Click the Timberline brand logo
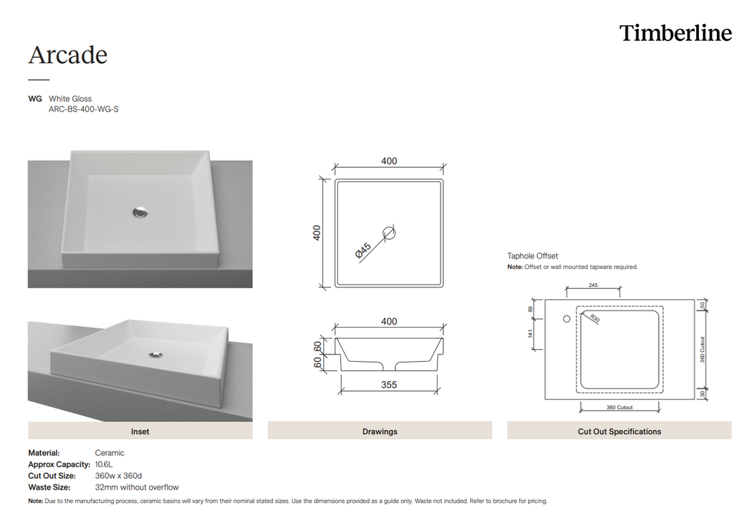click(x=675, y=33)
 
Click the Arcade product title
click(x=68, y=55)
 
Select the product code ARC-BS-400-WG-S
click(x=84, y=109)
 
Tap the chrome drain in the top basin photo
click(x=140, y=212)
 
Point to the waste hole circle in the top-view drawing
click(x=389, y=233)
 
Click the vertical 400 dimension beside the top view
click(x=317, y=233)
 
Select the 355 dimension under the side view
click(x=388, y=385)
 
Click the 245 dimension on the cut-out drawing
click(x=593, y=285)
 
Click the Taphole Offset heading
click(x=533, y=256)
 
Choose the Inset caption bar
click(x=140, y=431)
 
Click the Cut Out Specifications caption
click(x=619, y=431)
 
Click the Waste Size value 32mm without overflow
click(x=137, y=487)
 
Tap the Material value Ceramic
click(x=109, y=452)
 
